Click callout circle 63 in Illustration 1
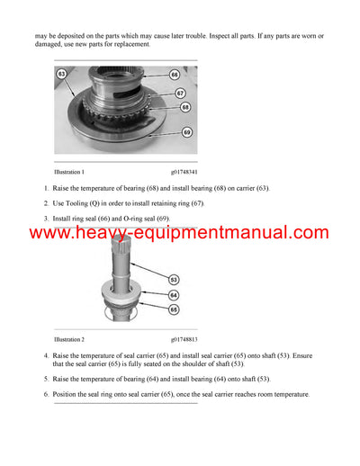click(61, 72)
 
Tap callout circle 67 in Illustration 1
click(181, 93)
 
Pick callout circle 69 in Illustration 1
click(187, 131)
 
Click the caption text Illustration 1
click(69, 172)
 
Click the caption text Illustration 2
click(69, 340)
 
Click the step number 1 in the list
click(46, 187)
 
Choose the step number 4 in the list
click(46, 355)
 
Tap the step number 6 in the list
click(46, 394)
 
